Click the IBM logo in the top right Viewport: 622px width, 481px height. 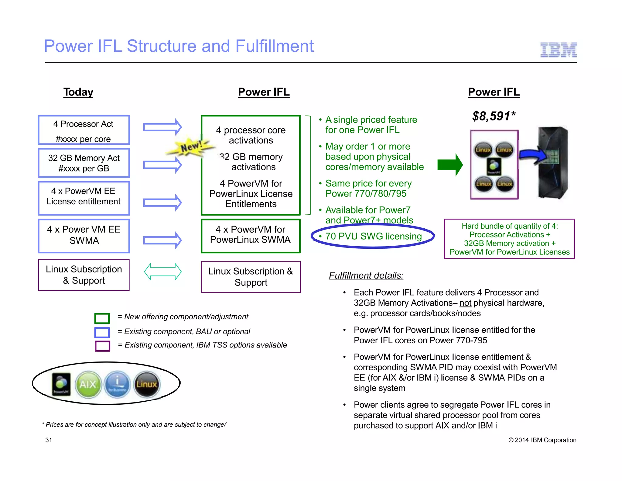(558, 50)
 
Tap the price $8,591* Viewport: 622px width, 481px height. (494, 116)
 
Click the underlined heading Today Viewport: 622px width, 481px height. (78, 92)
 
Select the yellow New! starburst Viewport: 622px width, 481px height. (190, 147)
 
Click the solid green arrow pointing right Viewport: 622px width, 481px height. (450, 165)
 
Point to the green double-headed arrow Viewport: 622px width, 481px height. (163, 272)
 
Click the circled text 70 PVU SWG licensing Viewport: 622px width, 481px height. (373, 236)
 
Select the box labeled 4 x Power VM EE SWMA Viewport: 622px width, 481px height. (84, 236)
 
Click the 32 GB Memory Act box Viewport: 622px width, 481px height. (84, 163)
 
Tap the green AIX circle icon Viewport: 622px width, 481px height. (88, 384)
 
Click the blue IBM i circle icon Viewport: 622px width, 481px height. (117, 384)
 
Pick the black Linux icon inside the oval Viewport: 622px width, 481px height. (146, 384)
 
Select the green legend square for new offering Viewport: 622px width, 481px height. (102, 318)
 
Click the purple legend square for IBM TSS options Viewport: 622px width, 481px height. (102, 346)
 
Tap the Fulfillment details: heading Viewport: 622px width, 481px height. (366, 275)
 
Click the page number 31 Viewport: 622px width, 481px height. (49, 440)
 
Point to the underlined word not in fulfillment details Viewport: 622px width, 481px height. (465, 303)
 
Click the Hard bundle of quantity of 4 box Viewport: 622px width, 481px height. (509, 239)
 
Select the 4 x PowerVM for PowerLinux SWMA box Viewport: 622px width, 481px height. (251, 236)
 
